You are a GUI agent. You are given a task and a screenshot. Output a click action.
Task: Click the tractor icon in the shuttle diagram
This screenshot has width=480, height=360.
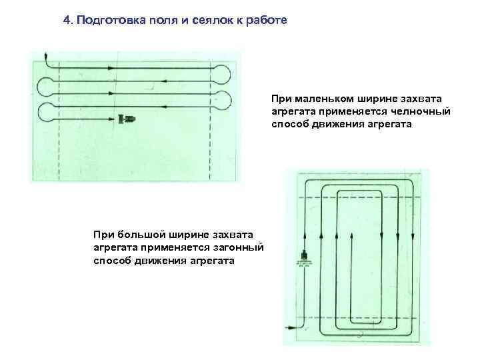tap(127, 119)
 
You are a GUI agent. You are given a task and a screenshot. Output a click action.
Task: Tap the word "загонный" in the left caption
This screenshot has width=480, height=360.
tap(235, 247)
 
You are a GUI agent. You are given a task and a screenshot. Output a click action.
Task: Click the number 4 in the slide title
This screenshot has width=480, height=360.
tap(67, 20)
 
